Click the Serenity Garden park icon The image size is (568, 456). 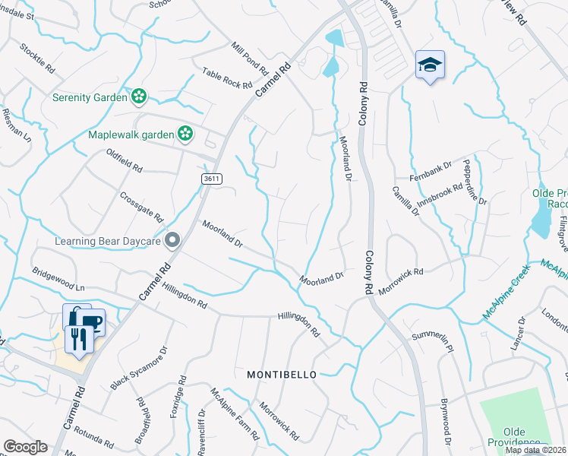coord(138,97)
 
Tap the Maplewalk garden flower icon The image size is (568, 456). coord(185,135)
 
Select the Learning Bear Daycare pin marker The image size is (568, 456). coord(172,241)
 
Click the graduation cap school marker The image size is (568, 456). coord(430,65)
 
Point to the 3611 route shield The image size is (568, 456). coord(212,178)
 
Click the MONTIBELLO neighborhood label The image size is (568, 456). coord(281,375)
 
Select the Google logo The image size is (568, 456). coord(24,447)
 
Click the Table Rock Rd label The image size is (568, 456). coord(226,78)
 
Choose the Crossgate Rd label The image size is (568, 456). coord(141,206)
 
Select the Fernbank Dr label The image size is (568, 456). coord(431,169)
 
